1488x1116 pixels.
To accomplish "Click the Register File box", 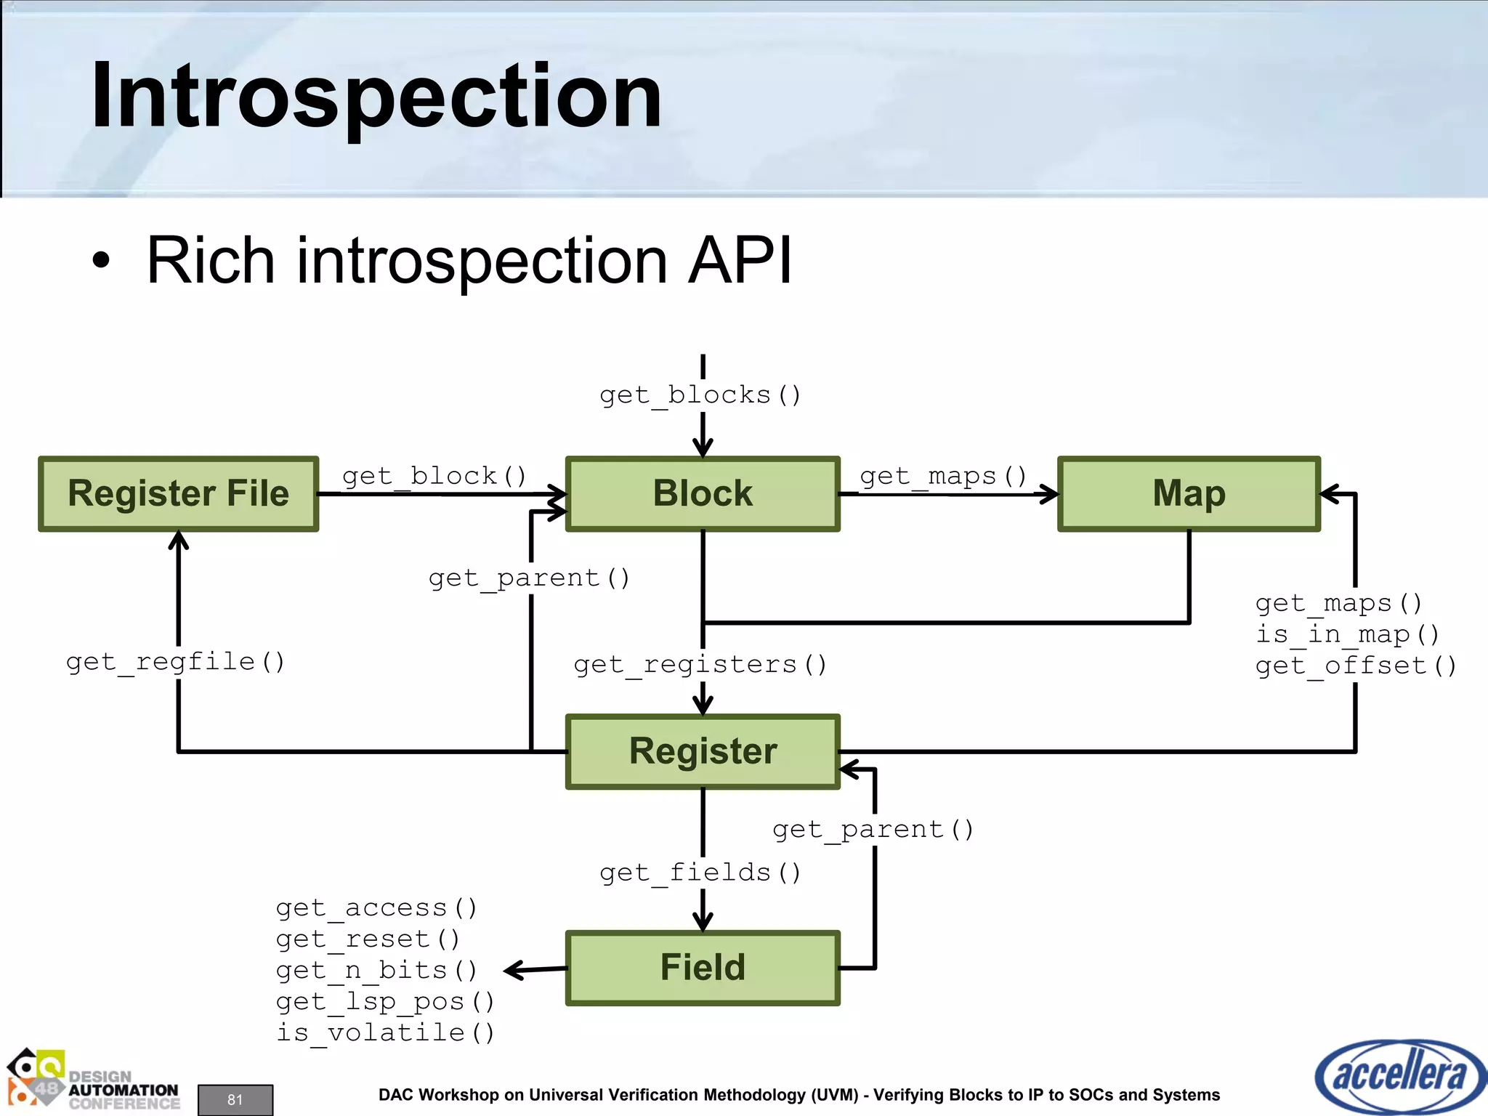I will pos(178,494).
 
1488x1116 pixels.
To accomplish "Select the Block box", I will pos(703,494).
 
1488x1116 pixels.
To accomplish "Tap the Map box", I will pos(1189,494).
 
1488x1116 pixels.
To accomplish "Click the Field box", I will pos(703,968).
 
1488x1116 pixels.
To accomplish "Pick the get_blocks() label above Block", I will pos(700,395).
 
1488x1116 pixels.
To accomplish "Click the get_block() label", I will pos(434,477).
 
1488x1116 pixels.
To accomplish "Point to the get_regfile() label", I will pos(175,662).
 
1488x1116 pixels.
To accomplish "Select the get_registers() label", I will pos(700,665).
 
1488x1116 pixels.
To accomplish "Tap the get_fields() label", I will pos(700,873).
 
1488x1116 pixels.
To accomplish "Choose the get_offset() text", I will pos(1356,666).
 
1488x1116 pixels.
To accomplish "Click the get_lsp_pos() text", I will pos(385,1002).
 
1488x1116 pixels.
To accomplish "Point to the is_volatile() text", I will pos(385,1033).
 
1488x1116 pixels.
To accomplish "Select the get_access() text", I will pos(376,908).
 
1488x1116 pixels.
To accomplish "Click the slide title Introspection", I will pos(376,96).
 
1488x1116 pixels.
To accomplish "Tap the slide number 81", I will pos(235,1099).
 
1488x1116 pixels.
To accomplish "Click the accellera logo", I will pos(1399,1076).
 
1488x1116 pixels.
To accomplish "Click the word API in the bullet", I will pos(740,260).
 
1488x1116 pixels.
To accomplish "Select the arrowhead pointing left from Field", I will pos(512,970).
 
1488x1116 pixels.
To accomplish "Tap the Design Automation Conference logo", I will pos(93,1080).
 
